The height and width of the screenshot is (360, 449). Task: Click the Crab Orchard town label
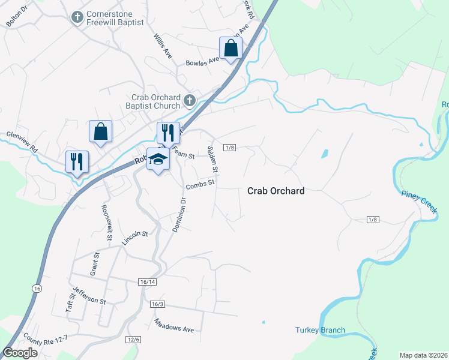pyautogui.click(x=276, y=191)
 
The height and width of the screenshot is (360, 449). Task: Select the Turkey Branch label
pyautogui.click(x=320, y=330)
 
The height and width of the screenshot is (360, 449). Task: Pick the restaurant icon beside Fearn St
pyautogui.click(x=168, y=133)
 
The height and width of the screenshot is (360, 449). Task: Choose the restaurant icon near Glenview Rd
pyautogui.click(x=77, y=161)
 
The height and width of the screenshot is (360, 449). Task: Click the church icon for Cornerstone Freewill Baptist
pyautogui.click(x=77, y=17)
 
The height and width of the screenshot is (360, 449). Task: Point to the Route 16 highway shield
pyautogui.click(x=37, y=289)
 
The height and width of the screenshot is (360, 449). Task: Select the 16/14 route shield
pyautogui.click(x=147, y=282)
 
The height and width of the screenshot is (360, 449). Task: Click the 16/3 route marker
pyautogui.click(x=157, y=304)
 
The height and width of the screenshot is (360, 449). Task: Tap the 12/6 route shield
pyautogui.click(x=133, y=340)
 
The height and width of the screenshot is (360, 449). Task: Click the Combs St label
pyautogui.click(x=200, y=185)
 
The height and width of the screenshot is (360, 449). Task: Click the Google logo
pyautogui.click(x=20, y=353)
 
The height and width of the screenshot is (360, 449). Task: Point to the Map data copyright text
pyautogui.click(x=423, y=355)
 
